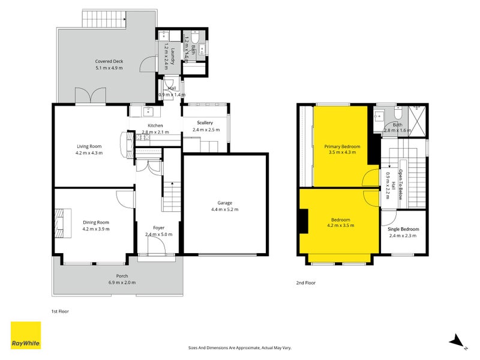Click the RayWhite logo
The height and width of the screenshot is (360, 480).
tap(26, 335)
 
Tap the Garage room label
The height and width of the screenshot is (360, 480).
tap(224, 203)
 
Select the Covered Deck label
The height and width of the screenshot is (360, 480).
tap(109, 61)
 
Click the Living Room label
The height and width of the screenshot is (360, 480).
tap(89, 146)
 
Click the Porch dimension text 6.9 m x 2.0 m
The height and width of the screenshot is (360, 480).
tap(122, 283)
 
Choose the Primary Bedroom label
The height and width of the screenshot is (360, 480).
tap(343, 146)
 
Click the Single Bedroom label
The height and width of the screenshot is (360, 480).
tap(404, 229)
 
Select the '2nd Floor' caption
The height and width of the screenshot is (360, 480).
tap(305, 283)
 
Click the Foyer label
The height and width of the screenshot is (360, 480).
tap(159, 227)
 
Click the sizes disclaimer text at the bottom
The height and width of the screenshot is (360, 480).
tap(240, 347)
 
